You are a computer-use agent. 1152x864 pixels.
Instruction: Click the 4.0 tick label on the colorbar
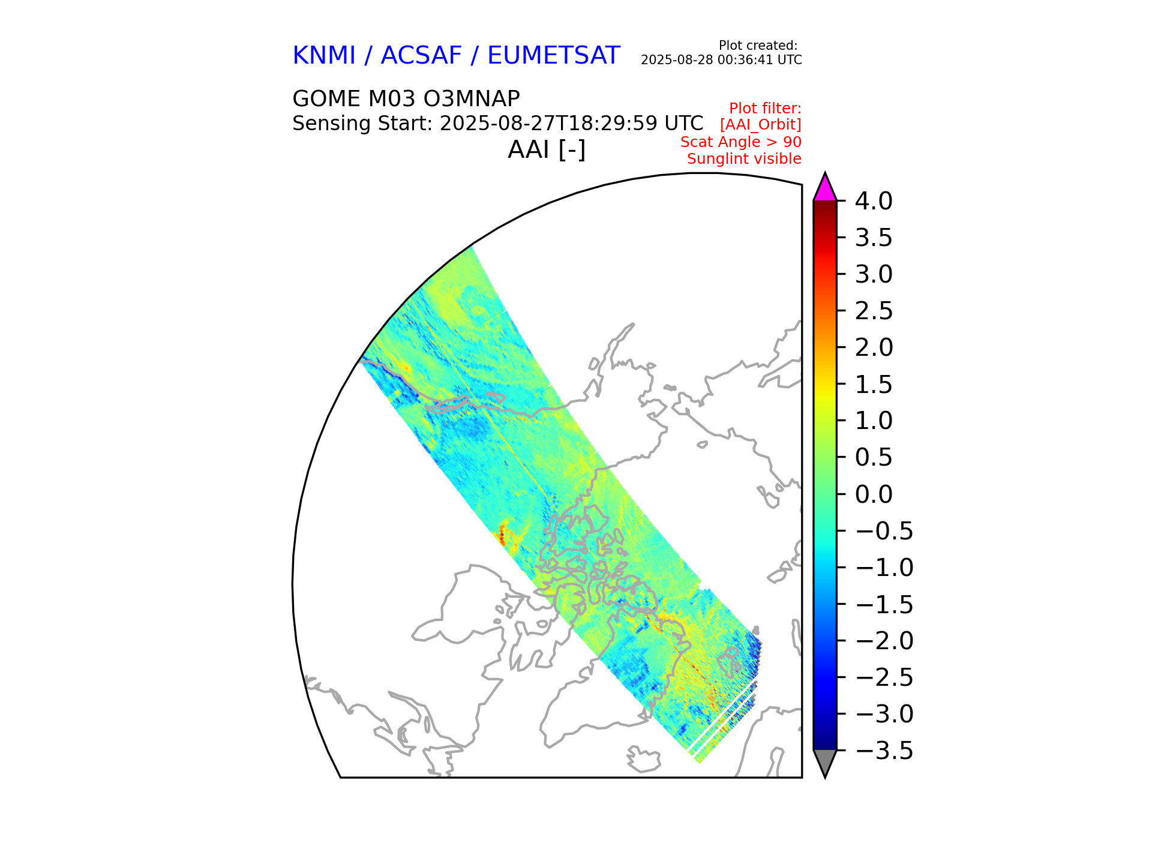pyautogui.click(x=874, y=202)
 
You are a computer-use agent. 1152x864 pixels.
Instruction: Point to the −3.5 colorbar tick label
pyautogui.click(x=884, y=751)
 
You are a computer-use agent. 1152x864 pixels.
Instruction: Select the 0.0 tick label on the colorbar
pyautogui.click(x=874, y=494)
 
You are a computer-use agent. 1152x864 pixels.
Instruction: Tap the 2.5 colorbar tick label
pyautogui.click(x=874, y=311)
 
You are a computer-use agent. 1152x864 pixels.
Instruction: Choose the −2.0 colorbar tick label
pyautogui.click(x=884, y=641)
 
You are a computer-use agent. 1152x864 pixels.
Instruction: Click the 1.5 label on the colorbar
pyautogui.click(x=874, y=385)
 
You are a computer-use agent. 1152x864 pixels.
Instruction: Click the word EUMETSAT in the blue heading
pyautogui.click(x=553, y=56)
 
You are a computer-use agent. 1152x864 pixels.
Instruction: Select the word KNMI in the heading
pyautogui.click(x=324, y=56)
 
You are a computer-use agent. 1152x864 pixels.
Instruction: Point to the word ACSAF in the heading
pyautogui.click(x=421, y=56)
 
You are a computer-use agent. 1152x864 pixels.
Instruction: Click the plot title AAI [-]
pyautogui.click(x=547, y=149)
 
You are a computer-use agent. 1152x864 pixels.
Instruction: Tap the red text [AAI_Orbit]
pyautogui.click(x=760, y=125)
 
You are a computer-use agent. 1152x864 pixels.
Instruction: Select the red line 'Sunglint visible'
pyautogui.click(x=744, y=159)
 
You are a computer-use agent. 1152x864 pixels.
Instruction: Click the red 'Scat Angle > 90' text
pyautogui.click(x=740, y=142)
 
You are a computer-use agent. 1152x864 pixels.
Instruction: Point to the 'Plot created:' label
pyautogui.click(x=758, y=46)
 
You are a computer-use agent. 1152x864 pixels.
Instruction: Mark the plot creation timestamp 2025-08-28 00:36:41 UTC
pyautogui.click(x=721, y=60)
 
